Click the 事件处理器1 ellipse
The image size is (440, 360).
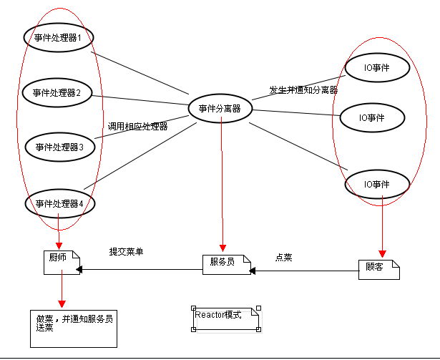point(59,37)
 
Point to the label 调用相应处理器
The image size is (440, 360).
point(138,127)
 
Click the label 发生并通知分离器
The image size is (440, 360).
point(303,90)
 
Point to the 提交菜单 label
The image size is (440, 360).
point(127,252)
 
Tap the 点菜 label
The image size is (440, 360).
point(283,257)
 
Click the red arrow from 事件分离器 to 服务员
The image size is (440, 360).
point(223,186)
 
